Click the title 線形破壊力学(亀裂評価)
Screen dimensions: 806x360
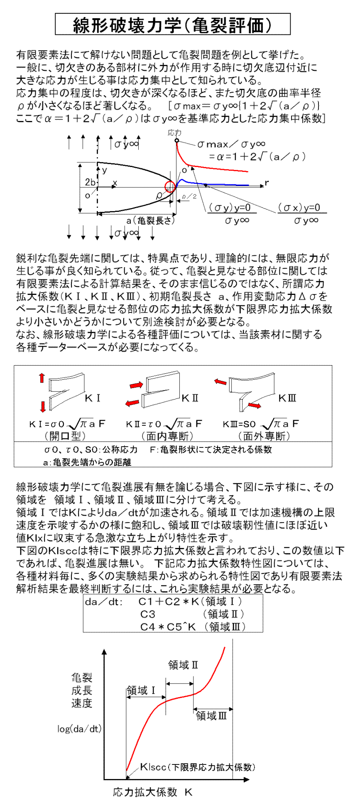click(172, 25)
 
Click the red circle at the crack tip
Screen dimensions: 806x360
click(170, 187)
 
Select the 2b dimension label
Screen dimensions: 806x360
click(90, 182)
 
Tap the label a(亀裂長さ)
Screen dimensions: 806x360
click(151, 221)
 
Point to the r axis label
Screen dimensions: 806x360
click(267, 182)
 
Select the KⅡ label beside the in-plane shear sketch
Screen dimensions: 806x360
click(190, 398)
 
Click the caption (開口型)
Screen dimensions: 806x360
click(64, 435)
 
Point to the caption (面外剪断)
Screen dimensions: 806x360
click(264, 435)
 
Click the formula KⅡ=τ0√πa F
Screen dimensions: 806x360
click(164, 424)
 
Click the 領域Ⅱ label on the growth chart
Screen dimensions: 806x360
click(183, 665)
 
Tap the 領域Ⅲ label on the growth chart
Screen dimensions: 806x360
click(211, 715)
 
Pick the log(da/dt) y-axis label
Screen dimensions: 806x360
click(79, 729)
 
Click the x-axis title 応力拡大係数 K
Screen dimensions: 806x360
click(152, 792)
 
